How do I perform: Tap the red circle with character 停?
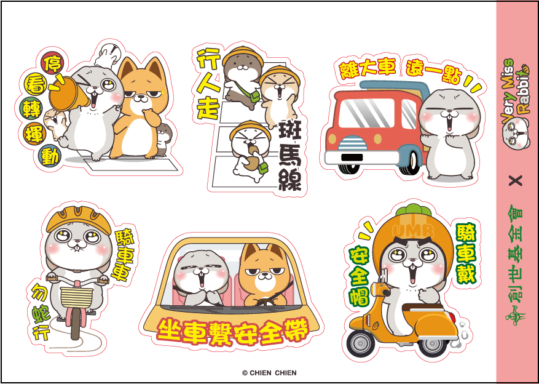coord(52,62)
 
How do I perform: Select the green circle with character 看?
coord(34,82)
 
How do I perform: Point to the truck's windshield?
coord(367,114)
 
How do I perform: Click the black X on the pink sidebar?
coord(516,180)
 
